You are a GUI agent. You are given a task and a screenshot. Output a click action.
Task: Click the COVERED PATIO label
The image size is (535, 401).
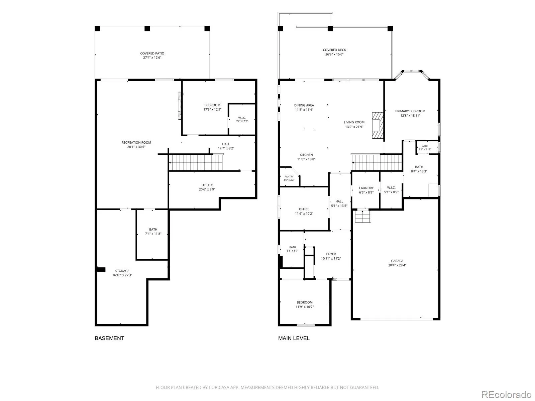tap(152, 53)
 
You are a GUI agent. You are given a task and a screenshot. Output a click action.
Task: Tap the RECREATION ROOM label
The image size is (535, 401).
tap(136, 142)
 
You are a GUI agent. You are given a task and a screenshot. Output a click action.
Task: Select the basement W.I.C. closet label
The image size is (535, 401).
tap(242, 118)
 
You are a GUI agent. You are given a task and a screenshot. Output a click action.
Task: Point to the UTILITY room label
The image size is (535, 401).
tap(207, 185)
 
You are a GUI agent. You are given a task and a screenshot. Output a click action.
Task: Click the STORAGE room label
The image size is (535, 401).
tap(122, 271)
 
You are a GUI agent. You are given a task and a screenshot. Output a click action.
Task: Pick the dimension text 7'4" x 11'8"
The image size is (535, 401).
tap(153, 234)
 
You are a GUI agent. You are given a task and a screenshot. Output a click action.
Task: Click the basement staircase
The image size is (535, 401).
tap(196, 162)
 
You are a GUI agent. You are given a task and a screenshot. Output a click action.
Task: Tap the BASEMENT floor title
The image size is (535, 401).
tap(109, 338)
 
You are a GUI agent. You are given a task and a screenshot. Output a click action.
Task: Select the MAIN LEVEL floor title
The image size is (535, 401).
tap(294, 338)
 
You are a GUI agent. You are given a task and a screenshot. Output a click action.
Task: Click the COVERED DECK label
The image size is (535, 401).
tap(334, 50)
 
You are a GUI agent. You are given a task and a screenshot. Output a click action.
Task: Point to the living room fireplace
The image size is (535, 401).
tap(378, 125)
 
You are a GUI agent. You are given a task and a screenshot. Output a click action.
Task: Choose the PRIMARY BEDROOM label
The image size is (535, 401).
tap(410, 111)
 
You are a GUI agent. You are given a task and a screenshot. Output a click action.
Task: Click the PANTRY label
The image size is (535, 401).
tap(289, 176)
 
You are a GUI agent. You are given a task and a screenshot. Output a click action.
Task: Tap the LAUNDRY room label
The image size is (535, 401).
tap(366, 188)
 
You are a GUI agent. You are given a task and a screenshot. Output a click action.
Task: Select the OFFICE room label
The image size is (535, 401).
tap(304, 209)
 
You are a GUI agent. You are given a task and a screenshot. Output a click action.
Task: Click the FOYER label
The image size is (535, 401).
tap(331, 254)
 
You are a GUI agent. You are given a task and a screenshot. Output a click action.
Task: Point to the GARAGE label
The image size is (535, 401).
tap(397, 261)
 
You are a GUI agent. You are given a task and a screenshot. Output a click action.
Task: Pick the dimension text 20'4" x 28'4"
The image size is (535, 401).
tap(397, 265)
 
